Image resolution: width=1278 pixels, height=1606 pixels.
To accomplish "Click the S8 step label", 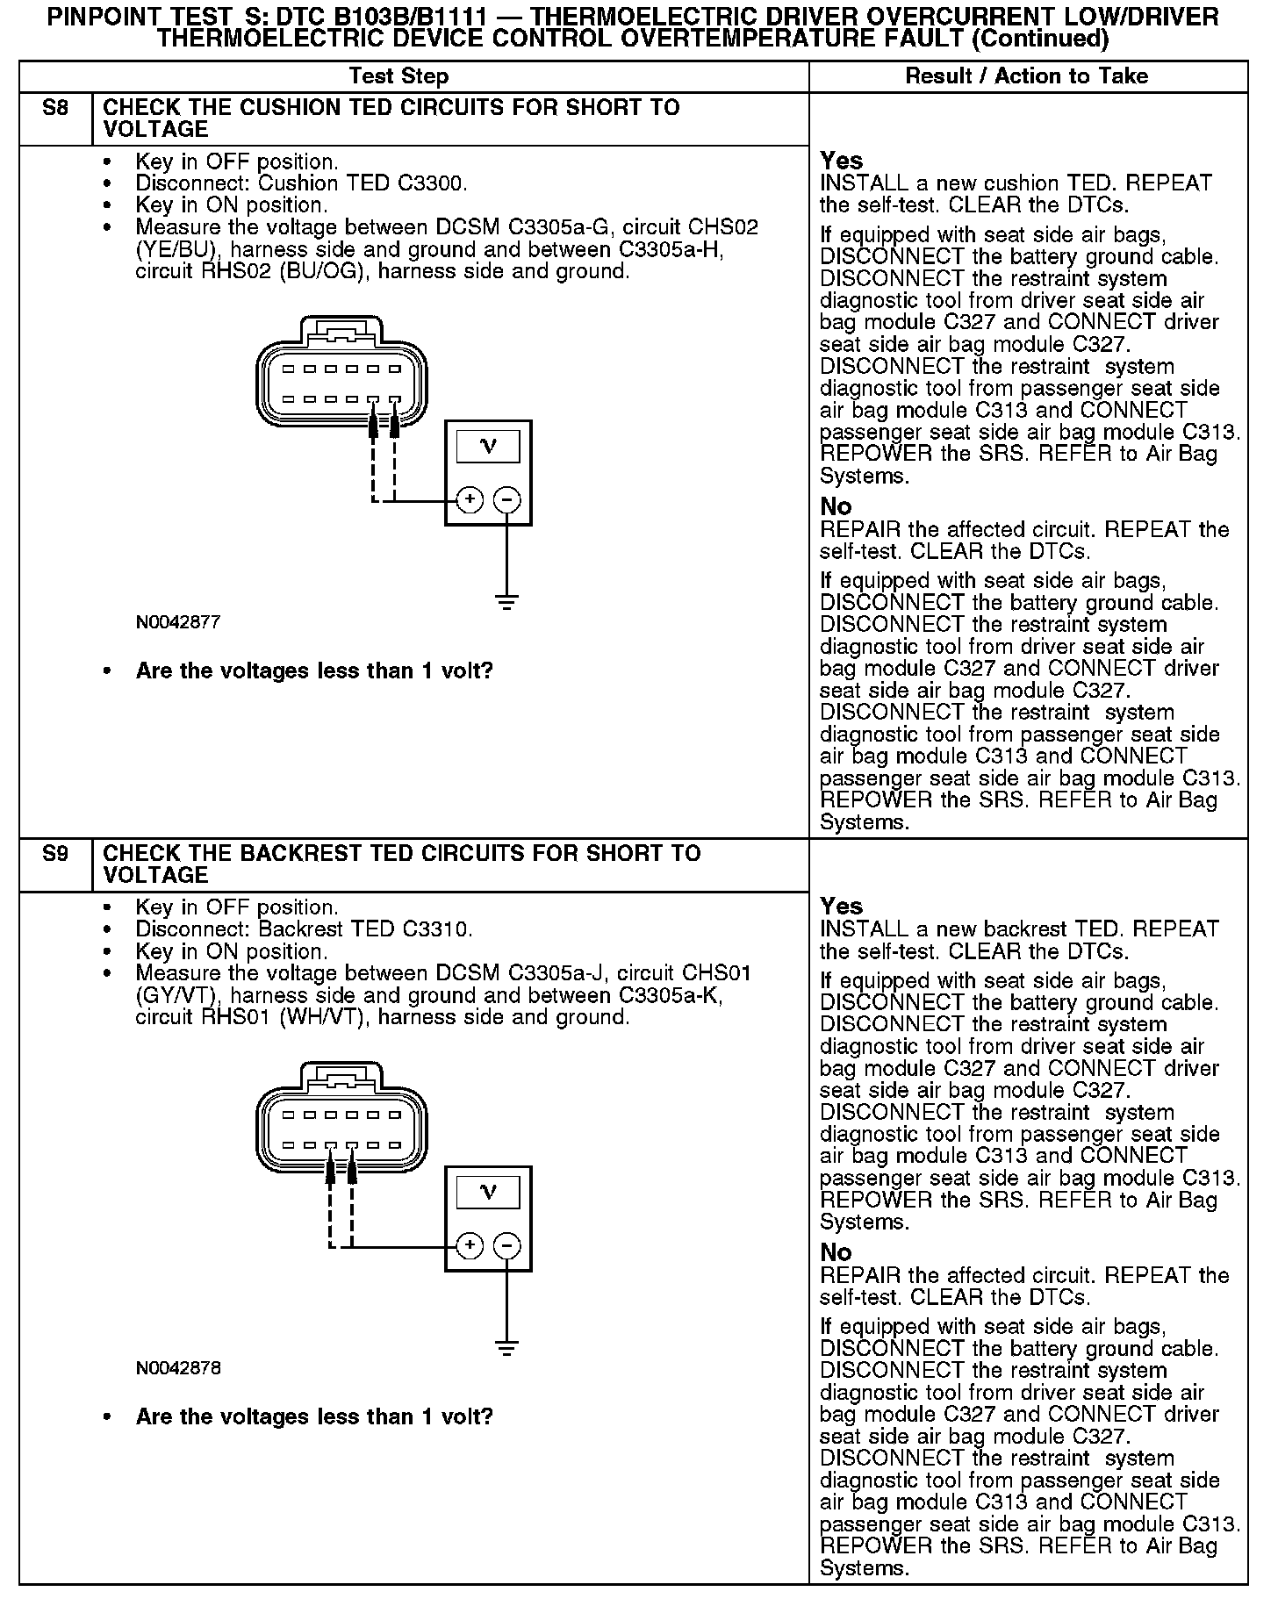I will pyautogui.click(x=54, y=109).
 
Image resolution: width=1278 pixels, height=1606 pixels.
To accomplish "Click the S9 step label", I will pyautogui.click(x=54, y=854).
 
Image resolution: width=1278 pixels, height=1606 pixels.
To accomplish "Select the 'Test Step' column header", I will pyautogui.click(x=398, y=76).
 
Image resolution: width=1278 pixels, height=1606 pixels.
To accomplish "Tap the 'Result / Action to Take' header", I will pyautogui.click(x=1026, y=76).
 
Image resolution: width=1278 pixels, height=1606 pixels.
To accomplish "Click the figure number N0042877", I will pyautogui.click(x=177, y=622).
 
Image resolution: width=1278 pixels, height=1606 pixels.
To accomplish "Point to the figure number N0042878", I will pyautogui.click(x=177, y=1368).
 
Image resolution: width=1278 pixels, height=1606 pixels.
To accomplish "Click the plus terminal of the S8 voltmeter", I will pyautogui.click(x=470, y=500).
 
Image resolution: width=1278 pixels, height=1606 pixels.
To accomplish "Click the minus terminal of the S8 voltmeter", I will pyautogui.click(x=507, y=500).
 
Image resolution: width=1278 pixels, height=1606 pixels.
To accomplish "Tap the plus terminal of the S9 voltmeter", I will pyautogui.click(x=470, y=1246).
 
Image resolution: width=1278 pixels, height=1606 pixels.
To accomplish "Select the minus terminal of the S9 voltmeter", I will pyautogui.click(x=507, y=1246).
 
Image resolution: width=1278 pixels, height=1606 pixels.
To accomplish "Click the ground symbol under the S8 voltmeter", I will pyautogui.click(x=506, y=602).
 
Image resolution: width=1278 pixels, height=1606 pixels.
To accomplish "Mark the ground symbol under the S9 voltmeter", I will pyautogui.click(x=506, y=1348).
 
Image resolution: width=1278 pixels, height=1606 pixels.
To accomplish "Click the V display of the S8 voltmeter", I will pyautogui.click(x=489, y=447).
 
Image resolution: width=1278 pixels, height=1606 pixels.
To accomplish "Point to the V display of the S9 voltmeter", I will pyautogui.click(x=489, y=1193).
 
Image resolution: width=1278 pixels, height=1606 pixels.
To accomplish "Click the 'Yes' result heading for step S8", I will pyautogui.click(x=841, y=161).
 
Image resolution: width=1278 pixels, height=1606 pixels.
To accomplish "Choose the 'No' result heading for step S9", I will pyautogui.click(x=836, y=1252).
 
